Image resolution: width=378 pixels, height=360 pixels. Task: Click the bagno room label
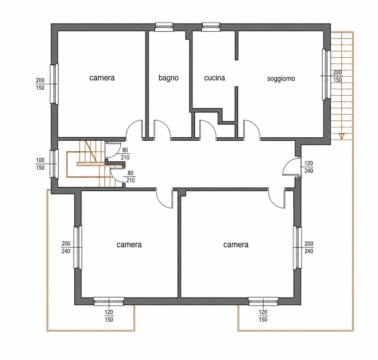pyautogui.click(x=168, y=78)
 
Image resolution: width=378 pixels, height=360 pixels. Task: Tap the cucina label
pyautogui.click(x=215, y=78)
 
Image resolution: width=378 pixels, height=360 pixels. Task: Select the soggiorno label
pyautogui.click(x=281, y=79)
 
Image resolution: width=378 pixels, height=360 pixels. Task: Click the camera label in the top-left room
pyautogui.click(x=102, y=78)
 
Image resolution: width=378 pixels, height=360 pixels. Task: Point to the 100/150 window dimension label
pyautogui.click(x=40, y=164)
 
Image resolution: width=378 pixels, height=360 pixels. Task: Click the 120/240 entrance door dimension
pyautogui.click(x=309, y=167)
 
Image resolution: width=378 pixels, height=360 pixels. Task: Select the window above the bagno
pyautogui.click(x=164, y=27)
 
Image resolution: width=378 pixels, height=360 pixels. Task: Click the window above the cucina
pyautogui.click(x=211, y=27)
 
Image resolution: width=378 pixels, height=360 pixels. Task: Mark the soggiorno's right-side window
pyautogui.click(x=327, y=74)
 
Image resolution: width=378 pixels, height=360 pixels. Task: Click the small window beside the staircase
pyautogui.click(x=54, y=164)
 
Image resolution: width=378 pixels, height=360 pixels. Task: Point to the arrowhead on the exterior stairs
pyautogui.click(x=341, y=136)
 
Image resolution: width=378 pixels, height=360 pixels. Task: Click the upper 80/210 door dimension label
pyautogui.click(x=125, y=154)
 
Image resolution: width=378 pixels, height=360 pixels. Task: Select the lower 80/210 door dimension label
pyautogui.click(x=130, y=177)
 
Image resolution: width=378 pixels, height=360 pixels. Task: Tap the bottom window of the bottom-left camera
pyautogui.click(x=109, y=301)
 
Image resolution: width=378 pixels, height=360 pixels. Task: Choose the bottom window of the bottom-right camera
pyautogui.click(x=263, y=301)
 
